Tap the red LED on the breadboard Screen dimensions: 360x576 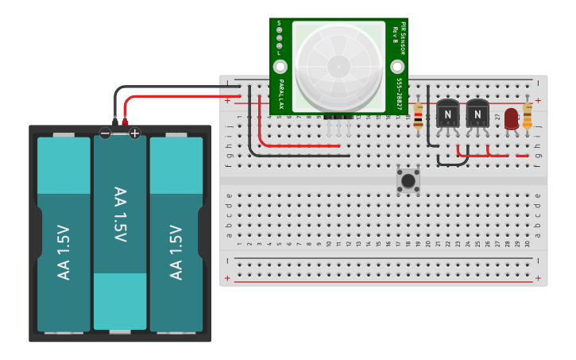tap(512, 118)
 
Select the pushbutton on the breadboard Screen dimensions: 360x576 tap(408, 180)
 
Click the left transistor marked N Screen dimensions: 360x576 tap(448, 114)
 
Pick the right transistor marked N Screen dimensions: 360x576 tap(477, 114)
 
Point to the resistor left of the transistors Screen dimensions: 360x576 tap(419, 118)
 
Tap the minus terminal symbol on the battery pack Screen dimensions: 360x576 tap(105, 133)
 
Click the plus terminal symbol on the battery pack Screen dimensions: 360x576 tap(134, 133)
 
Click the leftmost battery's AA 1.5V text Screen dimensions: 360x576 tap(64, 252)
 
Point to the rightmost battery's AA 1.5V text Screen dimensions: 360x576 tap(176, 252)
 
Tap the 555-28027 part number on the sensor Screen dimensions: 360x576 tap(398, 94)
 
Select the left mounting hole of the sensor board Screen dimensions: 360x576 tap(280, 66)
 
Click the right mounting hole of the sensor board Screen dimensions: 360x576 tap(398, 66)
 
